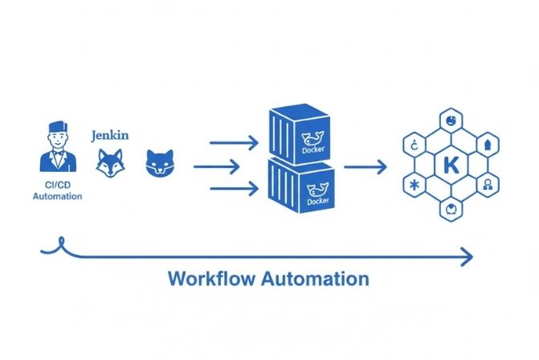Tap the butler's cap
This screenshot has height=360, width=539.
click(x=58, y=129)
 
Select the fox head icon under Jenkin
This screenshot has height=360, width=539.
click(x=111, y=163)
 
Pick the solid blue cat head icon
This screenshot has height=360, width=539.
click(x=159, y=162)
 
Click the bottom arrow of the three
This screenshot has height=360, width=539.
click(x=234, y=189)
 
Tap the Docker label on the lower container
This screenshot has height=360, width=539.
click(x=318, y=201)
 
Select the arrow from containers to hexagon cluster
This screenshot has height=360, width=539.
click(x=365, y=167)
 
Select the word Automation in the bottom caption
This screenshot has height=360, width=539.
click(x=319, y=280)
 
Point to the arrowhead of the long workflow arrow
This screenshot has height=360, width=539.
click(x=466, y=258)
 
